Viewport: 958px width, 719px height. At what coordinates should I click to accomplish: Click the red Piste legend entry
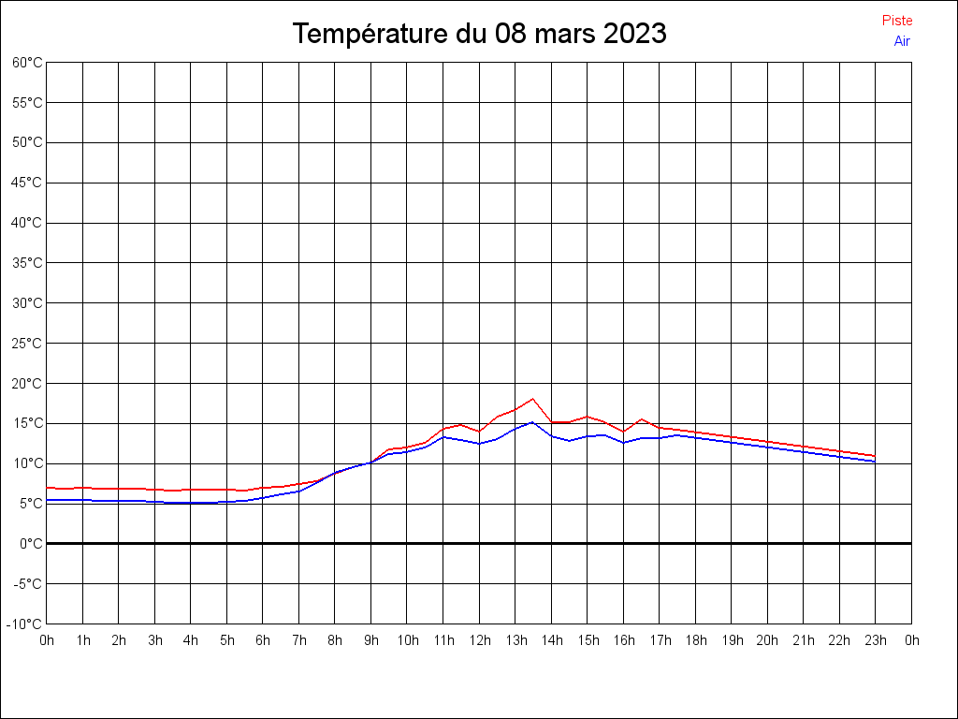pyautogui.click(x=896, y=21)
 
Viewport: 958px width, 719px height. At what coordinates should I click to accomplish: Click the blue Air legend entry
pyautogui.click(x=902, y=41)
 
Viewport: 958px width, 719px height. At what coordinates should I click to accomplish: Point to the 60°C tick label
pyautogui.click(x=27, y=63)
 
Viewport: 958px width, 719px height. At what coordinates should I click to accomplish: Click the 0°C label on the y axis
pyautogui.click(x=31, y=544)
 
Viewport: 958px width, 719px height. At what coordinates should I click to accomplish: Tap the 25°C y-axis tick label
pyautogui.click(x=27, y=344)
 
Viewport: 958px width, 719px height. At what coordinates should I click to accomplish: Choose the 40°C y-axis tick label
pyautogui.click(x=27, y=223)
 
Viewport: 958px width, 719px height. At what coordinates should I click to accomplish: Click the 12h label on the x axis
pyautogui.click(x=479, y=640)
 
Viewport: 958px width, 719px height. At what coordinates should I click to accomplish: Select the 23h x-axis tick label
pyautogui.click(x=876, y=640)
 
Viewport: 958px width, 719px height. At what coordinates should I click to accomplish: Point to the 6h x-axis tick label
pyautogui.click(x=263, y=640)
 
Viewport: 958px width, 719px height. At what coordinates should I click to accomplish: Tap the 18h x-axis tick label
pyautogui.click(x=695, y=640)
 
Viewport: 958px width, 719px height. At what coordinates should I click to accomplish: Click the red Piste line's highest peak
pyautogui.click(x=532, y=399)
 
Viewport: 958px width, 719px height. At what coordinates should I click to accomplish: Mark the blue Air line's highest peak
pyautogui.click(x=532, y=422)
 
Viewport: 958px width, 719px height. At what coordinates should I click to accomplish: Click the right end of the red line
pyautogui.click(x=875, y=456)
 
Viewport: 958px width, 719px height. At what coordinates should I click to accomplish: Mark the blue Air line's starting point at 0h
pyautogui.click(x=47, y=500)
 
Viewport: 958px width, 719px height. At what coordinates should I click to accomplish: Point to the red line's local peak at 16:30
pyautogui.click(x=641, y=419)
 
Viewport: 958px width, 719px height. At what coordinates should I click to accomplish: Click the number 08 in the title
pyautogui.click(x=513, y=34)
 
